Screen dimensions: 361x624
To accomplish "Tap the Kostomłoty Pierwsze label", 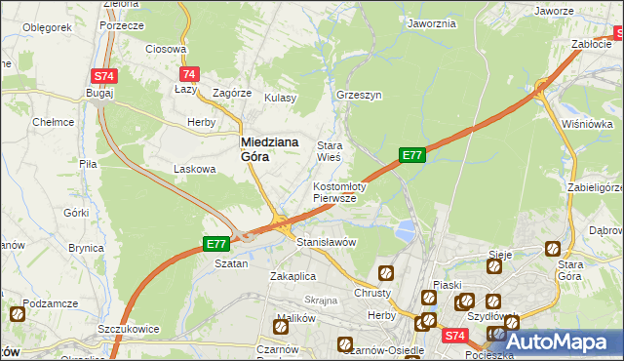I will [338, 192].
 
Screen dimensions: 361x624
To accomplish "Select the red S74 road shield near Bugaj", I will [103, 75].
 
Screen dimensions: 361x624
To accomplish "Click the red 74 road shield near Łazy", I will [189, 74].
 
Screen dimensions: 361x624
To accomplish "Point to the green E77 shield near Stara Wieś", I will [411, 155].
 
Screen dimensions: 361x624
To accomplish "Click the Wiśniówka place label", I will [586, 124].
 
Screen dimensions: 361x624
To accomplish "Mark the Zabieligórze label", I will [594, 187].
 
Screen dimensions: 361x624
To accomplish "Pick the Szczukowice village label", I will [129, 329].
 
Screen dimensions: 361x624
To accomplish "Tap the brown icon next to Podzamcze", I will [17, 314].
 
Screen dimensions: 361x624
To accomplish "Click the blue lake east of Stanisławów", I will [403, 231].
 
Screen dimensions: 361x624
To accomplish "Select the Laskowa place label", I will [193, 169].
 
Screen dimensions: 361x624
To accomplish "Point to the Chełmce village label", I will [53, 122].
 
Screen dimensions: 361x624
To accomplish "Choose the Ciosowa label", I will [165, 49].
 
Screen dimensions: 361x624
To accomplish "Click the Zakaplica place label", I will [291, 276].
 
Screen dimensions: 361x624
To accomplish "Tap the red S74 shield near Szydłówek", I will [453, 336].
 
